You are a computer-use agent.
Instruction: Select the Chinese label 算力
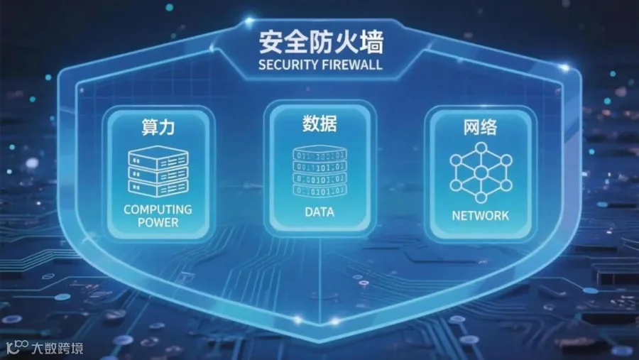pos(158,128)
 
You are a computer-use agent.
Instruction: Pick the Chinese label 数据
pos(319,124)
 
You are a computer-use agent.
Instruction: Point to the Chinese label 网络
pos(480,128)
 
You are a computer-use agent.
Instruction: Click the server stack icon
pos(158,170)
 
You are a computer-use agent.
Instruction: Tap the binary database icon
pos(319,173)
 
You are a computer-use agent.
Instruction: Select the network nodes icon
pos(481,173)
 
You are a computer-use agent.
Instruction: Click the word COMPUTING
pos(158,209)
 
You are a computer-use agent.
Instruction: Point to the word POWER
pos(158,222)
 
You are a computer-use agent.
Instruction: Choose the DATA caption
pos(319,212)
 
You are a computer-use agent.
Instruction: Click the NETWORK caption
pos(481,215)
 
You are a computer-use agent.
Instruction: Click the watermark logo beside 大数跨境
pos(17,347)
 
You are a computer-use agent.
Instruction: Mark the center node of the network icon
pos(481,173)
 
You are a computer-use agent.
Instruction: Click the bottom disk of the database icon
pos(319,191)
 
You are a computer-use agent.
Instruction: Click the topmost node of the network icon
pos(481,148)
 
